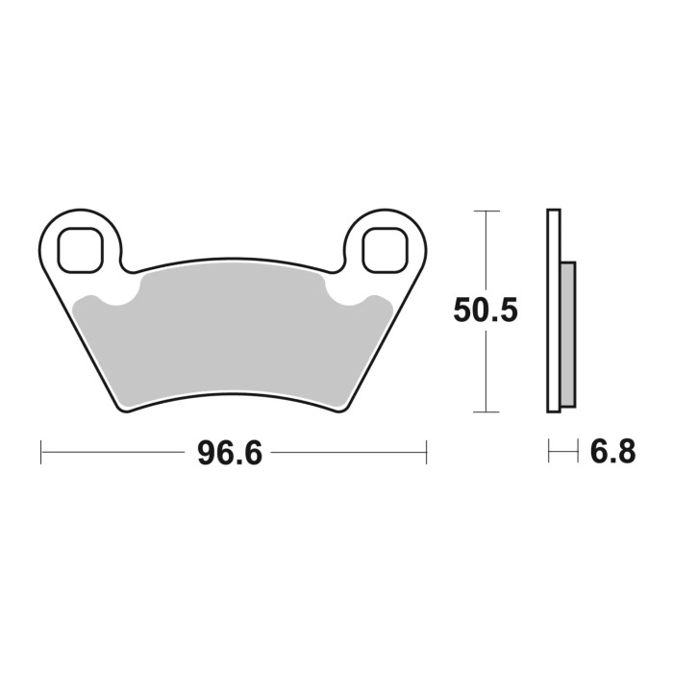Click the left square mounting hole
(80, 248)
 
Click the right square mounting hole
(384, 248)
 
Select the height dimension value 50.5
(486, 312)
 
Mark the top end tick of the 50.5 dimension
(487, 210)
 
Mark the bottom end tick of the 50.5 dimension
(487, 412)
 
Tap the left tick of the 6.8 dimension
(548, 451)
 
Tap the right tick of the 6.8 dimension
(575, 451)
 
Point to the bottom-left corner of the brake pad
(123, 411)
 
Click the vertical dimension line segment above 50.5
(487, 250)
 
